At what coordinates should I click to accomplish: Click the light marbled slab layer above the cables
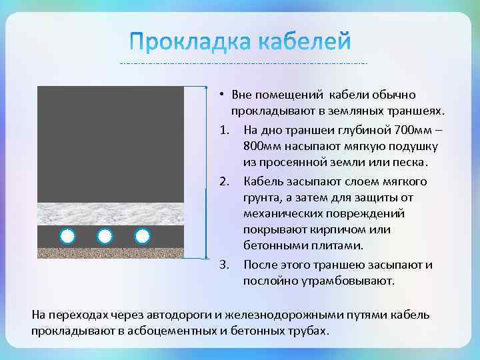click(111, 213)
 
